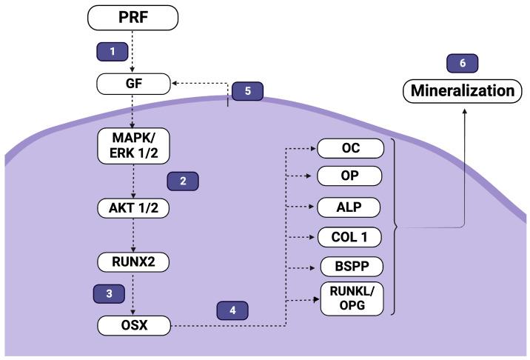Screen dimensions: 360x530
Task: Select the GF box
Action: pyautogui.click(x=133, y=84)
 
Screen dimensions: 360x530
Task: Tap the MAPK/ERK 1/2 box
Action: pyautogui.click(x=133, y=144)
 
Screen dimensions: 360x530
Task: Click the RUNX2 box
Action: pyautogui.click(x=133, y=261)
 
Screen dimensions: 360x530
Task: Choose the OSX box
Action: pyautogui.click(x=133, y=324)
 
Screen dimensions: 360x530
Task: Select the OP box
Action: pyautogui.click(x=351, y=176)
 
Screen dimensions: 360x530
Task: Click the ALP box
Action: pyautogui.click(x=351, y=207)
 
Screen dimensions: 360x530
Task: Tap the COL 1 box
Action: pyautogui.click(x=351, y=238)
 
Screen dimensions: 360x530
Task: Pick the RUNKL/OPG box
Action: pyautogui.click(x=351, y=299)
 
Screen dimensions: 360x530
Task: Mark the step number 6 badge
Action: pyautogui.click(x=463, y=63)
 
